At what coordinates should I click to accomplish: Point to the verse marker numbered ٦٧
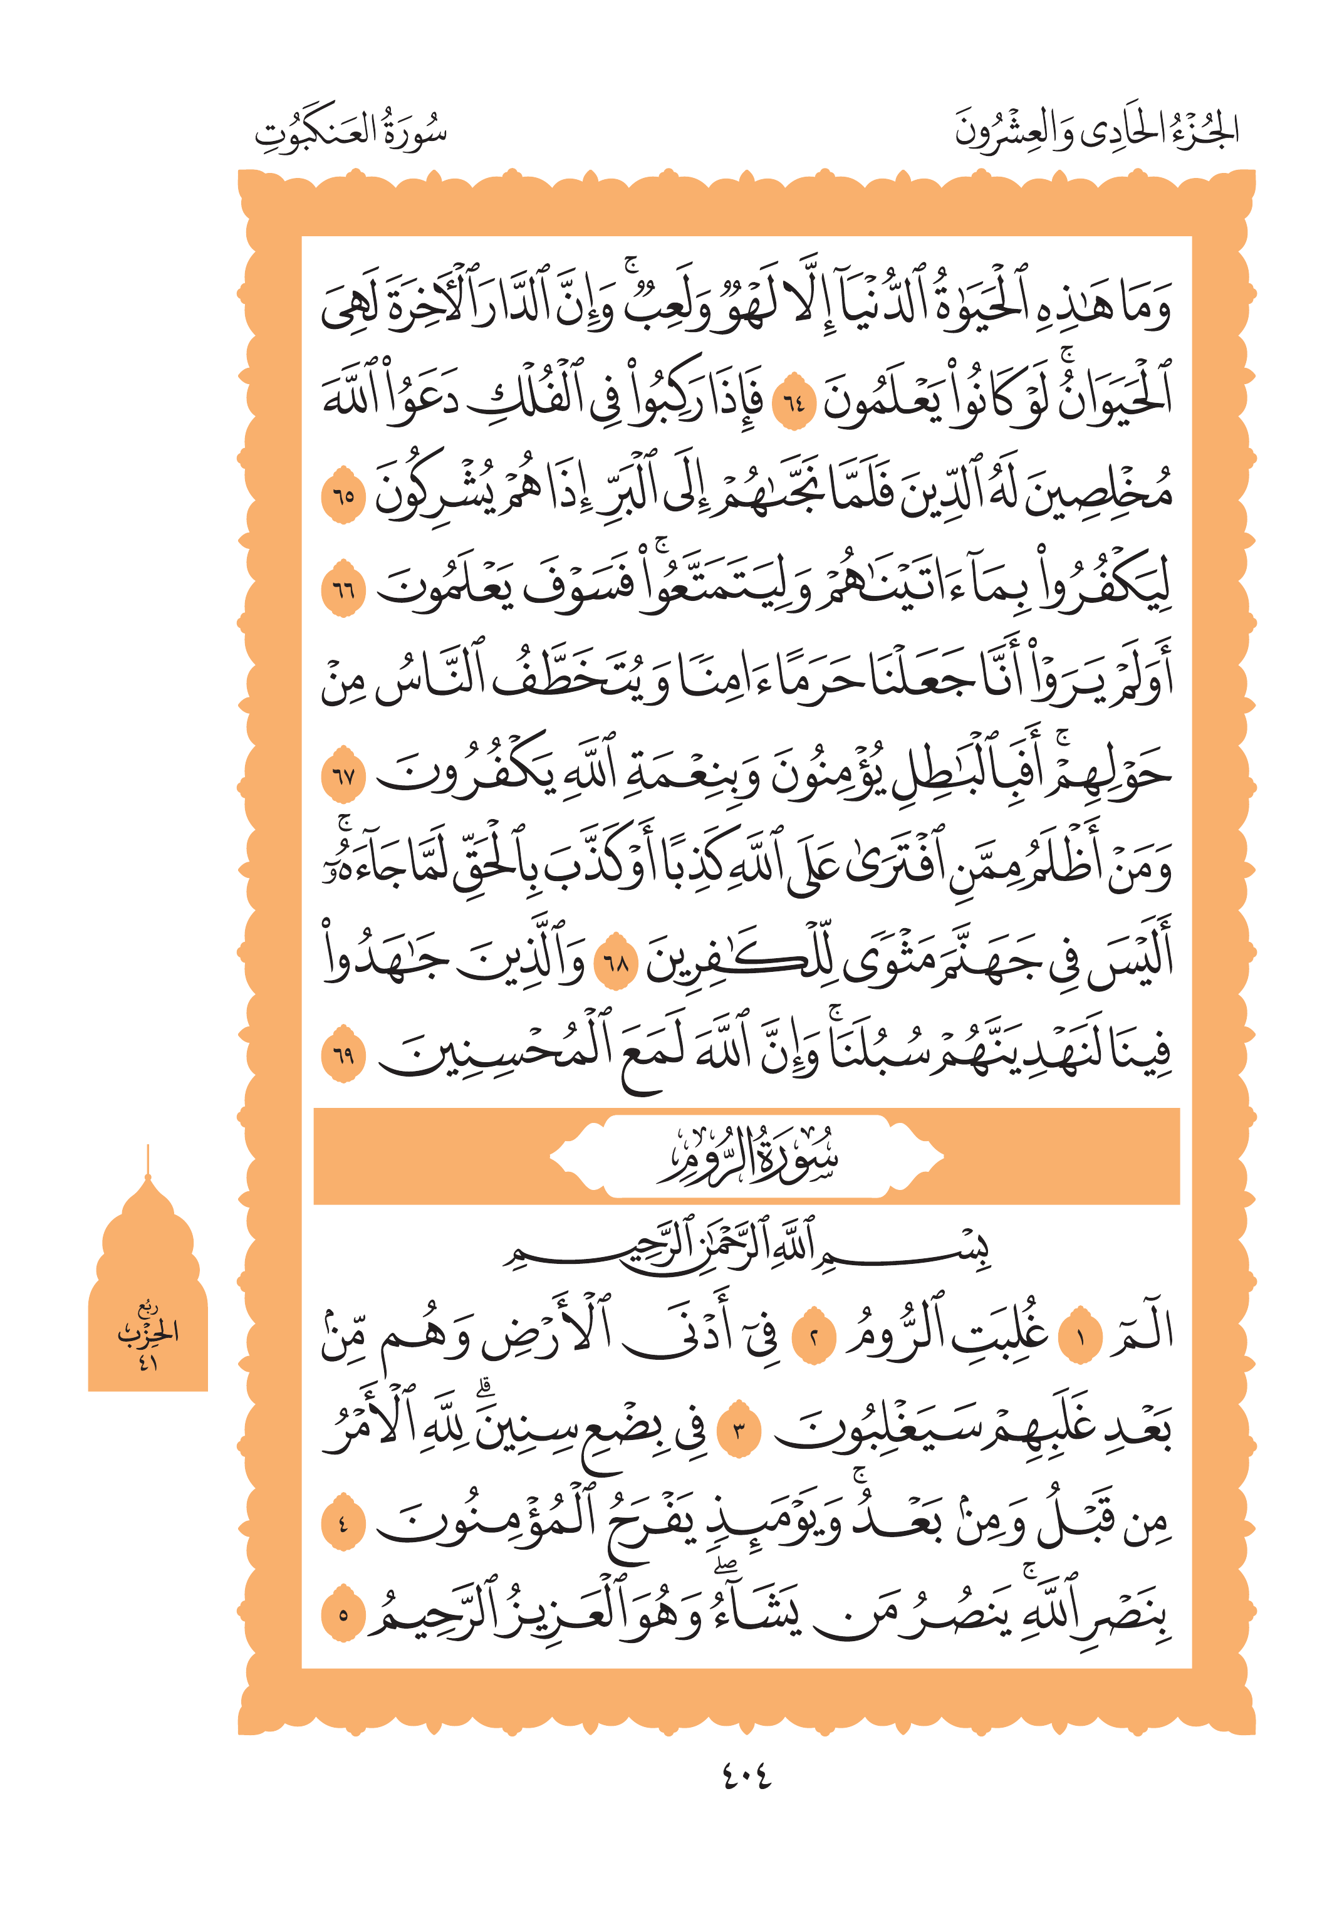pyautogui.click(x=343, y=776)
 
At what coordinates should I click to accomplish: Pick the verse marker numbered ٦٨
pyautogui.click(x=617, y=963)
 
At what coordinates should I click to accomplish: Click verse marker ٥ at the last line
pyautogui.click(x=343, y=1615)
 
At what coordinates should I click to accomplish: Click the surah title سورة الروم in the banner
pyautogui.click(x=746, y=1156)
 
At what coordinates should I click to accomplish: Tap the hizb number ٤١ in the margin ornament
pyautogui.click(x=148, y=1362)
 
